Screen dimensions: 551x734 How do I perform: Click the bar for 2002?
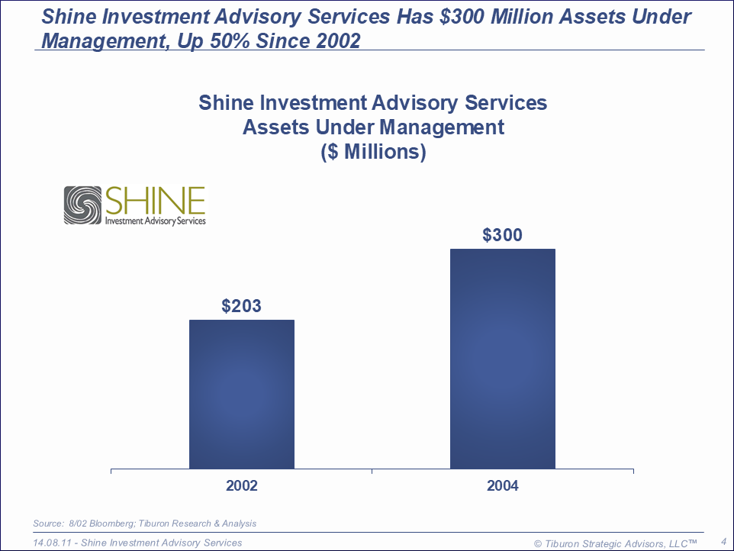click(x=241, y=394)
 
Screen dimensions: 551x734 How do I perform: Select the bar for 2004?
click(x=502, y=359)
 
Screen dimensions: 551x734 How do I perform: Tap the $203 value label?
click(x=241, y=306)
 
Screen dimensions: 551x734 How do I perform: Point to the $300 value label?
click(x=502, y=235)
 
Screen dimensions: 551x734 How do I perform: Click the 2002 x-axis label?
click(x=241, y=485)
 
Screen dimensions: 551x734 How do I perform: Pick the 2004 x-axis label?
click(x=502, y=485)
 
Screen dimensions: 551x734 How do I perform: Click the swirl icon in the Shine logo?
click(x=82, y=205)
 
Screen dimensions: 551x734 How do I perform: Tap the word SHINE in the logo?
click(x=155, y=201)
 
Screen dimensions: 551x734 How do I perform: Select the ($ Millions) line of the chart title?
click(x=372, y=151)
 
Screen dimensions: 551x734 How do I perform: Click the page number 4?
click(x=723, y=542)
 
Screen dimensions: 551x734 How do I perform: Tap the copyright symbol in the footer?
click(x=538, y=543)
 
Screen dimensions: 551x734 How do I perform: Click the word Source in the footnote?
click(x=48, y=524)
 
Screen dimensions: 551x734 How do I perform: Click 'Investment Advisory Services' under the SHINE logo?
click(x=155, y=220)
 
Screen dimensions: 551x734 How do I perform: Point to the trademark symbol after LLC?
click(x=693, y=542)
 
